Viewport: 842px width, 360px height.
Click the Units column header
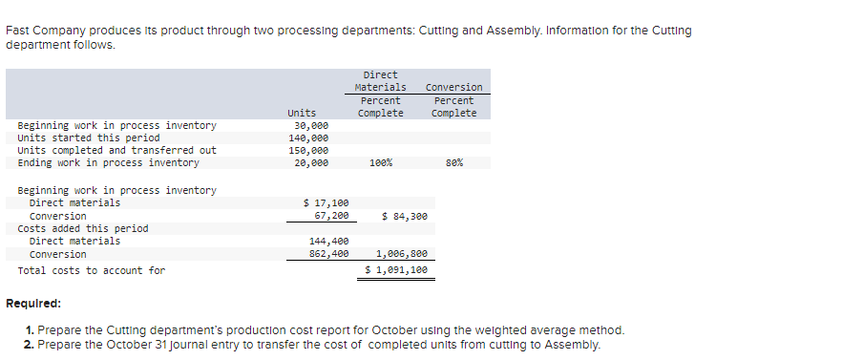click(302, 113)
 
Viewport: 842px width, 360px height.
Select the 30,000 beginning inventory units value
click(311, 125)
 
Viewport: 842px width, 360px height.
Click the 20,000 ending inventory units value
click(311, 162)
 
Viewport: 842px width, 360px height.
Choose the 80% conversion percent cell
click(454, 163)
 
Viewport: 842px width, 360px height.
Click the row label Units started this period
click(89, 138)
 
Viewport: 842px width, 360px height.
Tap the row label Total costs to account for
click(92, 270)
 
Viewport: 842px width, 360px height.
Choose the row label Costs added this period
click(83, 228)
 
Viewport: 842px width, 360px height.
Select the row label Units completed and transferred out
click(117, 150)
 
